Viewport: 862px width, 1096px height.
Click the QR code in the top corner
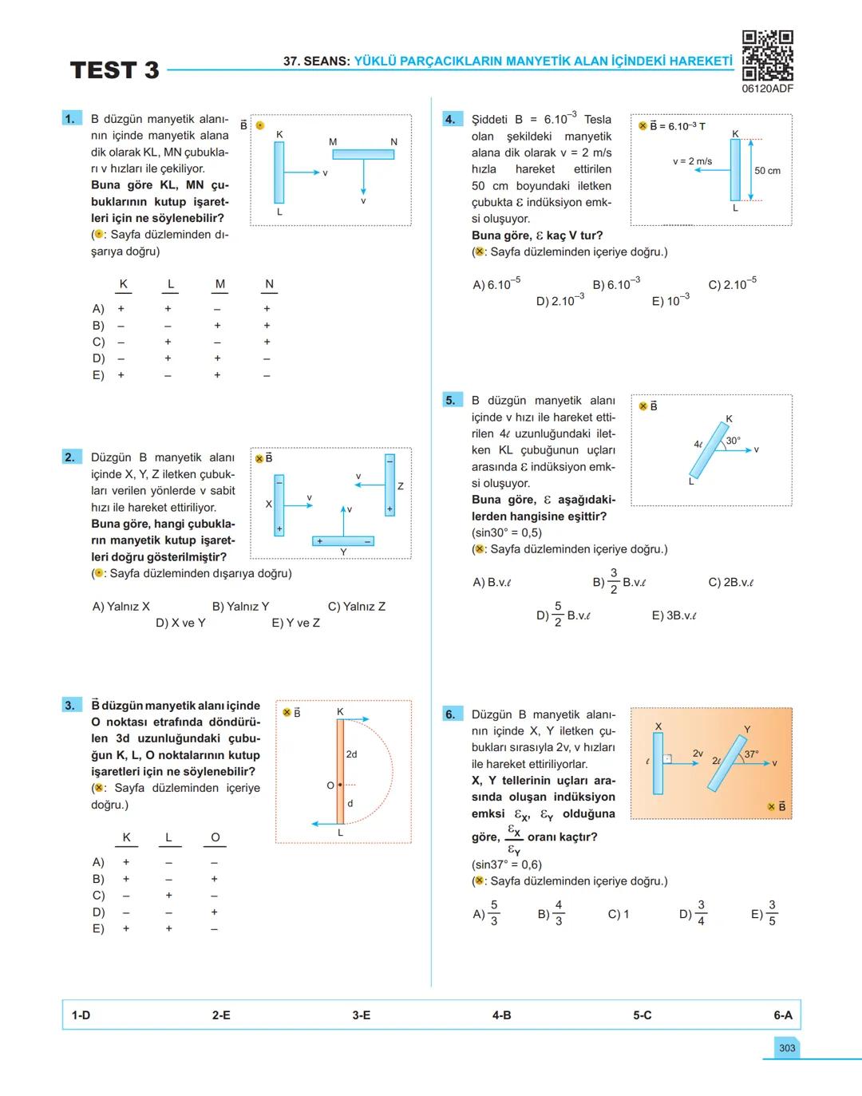pos(767,55)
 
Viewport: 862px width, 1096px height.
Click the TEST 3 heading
pos(114,70)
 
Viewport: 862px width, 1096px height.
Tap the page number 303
pos(787,1048)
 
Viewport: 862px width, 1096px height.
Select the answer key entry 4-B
pos(501,1015)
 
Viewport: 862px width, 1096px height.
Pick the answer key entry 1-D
pos(81,1015)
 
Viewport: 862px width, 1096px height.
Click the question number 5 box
pos(450,400)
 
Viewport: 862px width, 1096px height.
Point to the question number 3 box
pos(69,705)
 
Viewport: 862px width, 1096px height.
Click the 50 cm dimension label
pos(767,171)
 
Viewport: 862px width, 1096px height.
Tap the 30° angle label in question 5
pos(733,441)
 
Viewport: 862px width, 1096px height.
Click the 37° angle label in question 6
pos(751,754)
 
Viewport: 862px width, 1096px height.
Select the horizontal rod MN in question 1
pos(363,154)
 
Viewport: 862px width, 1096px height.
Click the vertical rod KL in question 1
pos(279,172)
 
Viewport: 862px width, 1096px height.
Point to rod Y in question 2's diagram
pos(343,541)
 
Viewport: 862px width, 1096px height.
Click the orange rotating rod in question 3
pos(340,771)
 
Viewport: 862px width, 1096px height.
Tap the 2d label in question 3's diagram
pos(352,754)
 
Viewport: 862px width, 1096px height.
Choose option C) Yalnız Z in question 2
pos(357,607)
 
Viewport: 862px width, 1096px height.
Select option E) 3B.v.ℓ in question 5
pos(674,615)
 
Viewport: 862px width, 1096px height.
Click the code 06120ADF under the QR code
pos(767,89)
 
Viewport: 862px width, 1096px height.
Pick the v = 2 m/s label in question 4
pos(692,161)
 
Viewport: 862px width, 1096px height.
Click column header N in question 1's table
pos(269,284)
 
